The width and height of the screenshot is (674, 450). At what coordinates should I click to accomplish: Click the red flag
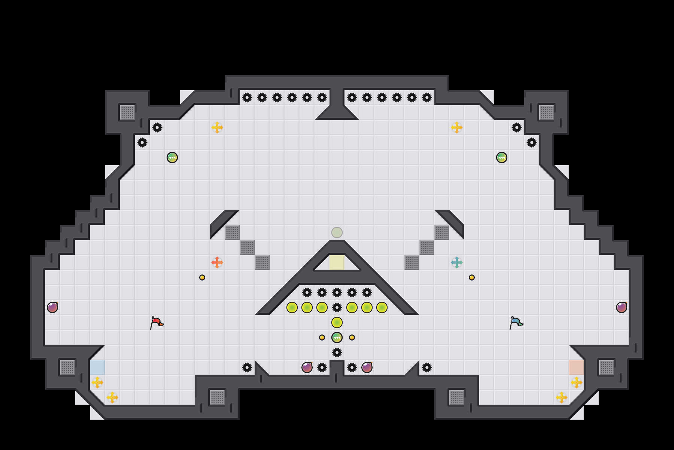pos(156,322)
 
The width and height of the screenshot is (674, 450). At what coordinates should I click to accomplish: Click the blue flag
pos(516,322)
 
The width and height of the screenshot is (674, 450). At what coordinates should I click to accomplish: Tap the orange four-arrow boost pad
pos(217,262)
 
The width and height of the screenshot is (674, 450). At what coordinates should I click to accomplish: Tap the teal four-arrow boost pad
pos(457,262)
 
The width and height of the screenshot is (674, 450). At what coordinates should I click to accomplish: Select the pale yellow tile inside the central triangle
pos(337,262)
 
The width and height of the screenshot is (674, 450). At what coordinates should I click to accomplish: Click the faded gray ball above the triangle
pos(337,232)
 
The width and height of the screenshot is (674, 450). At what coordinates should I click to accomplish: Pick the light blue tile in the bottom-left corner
pos(97,367)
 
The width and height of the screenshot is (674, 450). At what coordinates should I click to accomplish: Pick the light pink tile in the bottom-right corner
pos(577,367)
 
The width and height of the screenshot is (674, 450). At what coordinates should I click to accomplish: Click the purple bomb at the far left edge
pos(52,307)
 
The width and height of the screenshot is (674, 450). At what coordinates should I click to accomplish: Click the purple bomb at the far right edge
pos(622,307)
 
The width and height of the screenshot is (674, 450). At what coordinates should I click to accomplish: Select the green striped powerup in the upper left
pos(172,157)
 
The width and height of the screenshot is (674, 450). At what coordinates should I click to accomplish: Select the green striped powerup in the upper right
pos(502,157)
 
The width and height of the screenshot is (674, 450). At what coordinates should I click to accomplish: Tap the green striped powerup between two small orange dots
pos(337,337)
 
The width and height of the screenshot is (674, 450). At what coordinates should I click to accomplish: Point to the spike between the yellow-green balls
pos(337,307)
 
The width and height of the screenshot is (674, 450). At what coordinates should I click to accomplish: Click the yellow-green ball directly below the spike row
pos(337,322)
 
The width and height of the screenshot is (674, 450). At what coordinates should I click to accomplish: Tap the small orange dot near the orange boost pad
pos(202,277)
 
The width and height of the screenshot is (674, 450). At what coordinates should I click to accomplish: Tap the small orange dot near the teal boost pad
pos(472,277)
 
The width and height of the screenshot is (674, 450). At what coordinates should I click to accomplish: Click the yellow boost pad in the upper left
pos(217,127)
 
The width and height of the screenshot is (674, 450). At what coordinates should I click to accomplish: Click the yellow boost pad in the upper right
pos(457,127)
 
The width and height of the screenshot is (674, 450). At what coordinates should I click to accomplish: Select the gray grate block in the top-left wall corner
pos(127,112)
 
